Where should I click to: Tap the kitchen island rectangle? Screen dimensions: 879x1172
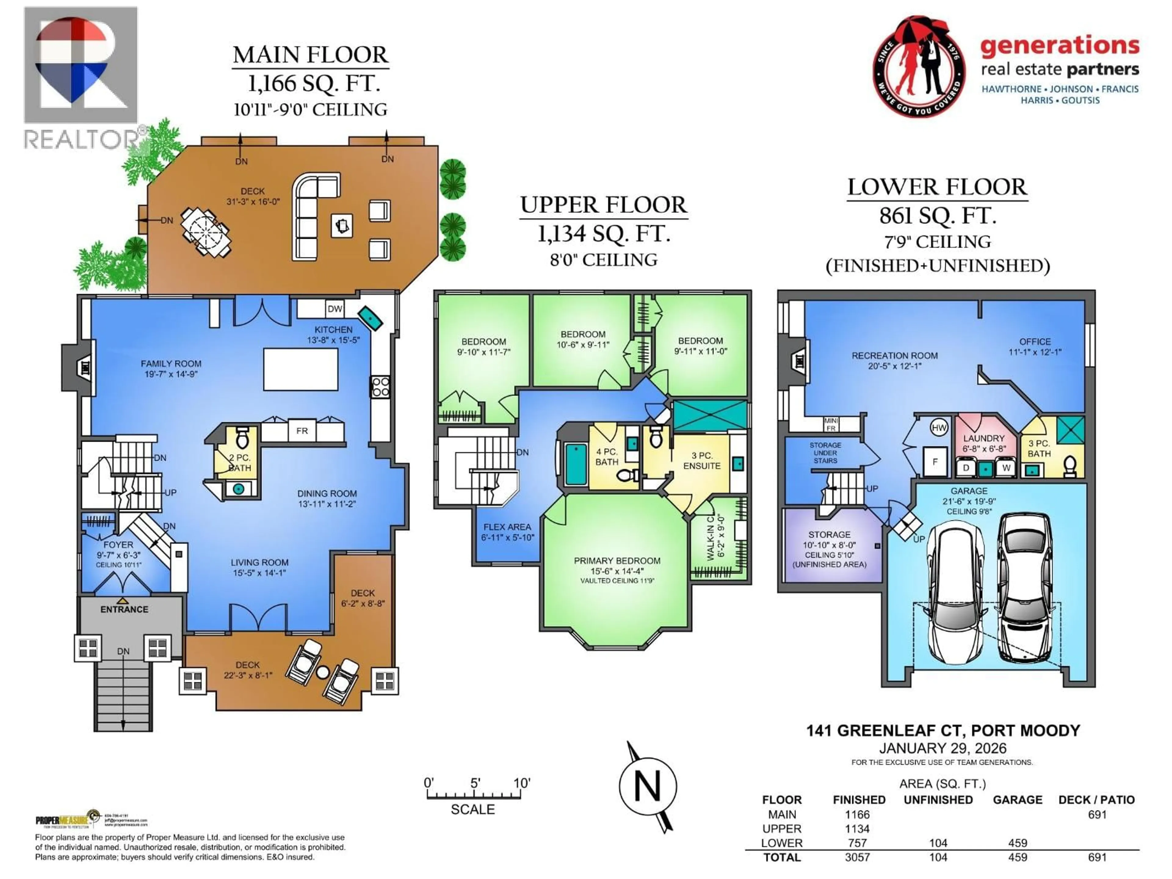[300, 369]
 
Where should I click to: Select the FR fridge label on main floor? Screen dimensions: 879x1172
[302, 431]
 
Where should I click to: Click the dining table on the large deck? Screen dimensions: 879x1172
[206, 232]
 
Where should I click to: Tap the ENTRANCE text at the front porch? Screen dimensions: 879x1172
[125, 609]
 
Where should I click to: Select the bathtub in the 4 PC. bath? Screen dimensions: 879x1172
[576, 465]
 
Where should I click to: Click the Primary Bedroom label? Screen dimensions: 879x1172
[617, 561]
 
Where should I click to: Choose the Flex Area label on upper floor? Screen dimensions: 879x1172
[507, 527]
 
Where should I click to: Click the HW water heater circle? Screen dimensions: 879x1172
[939, 428]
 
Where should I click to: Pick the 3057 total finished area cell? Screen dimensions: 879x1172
[857, 857]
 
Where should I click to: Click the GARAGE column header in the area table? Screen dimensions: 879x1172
[1017, 800]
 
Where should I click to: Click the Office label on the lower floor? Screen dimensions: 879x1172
[1035, 342]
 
